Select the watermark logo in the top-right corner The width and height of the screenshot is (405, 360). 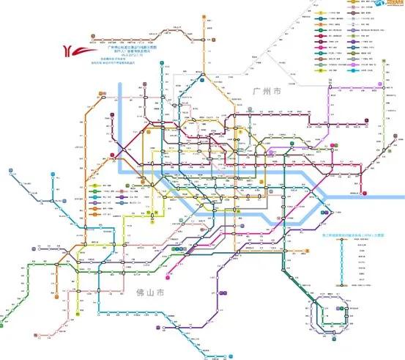[x=386, y=4]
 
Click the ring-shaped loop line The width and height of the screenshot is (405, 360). [x=324, y=316]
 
